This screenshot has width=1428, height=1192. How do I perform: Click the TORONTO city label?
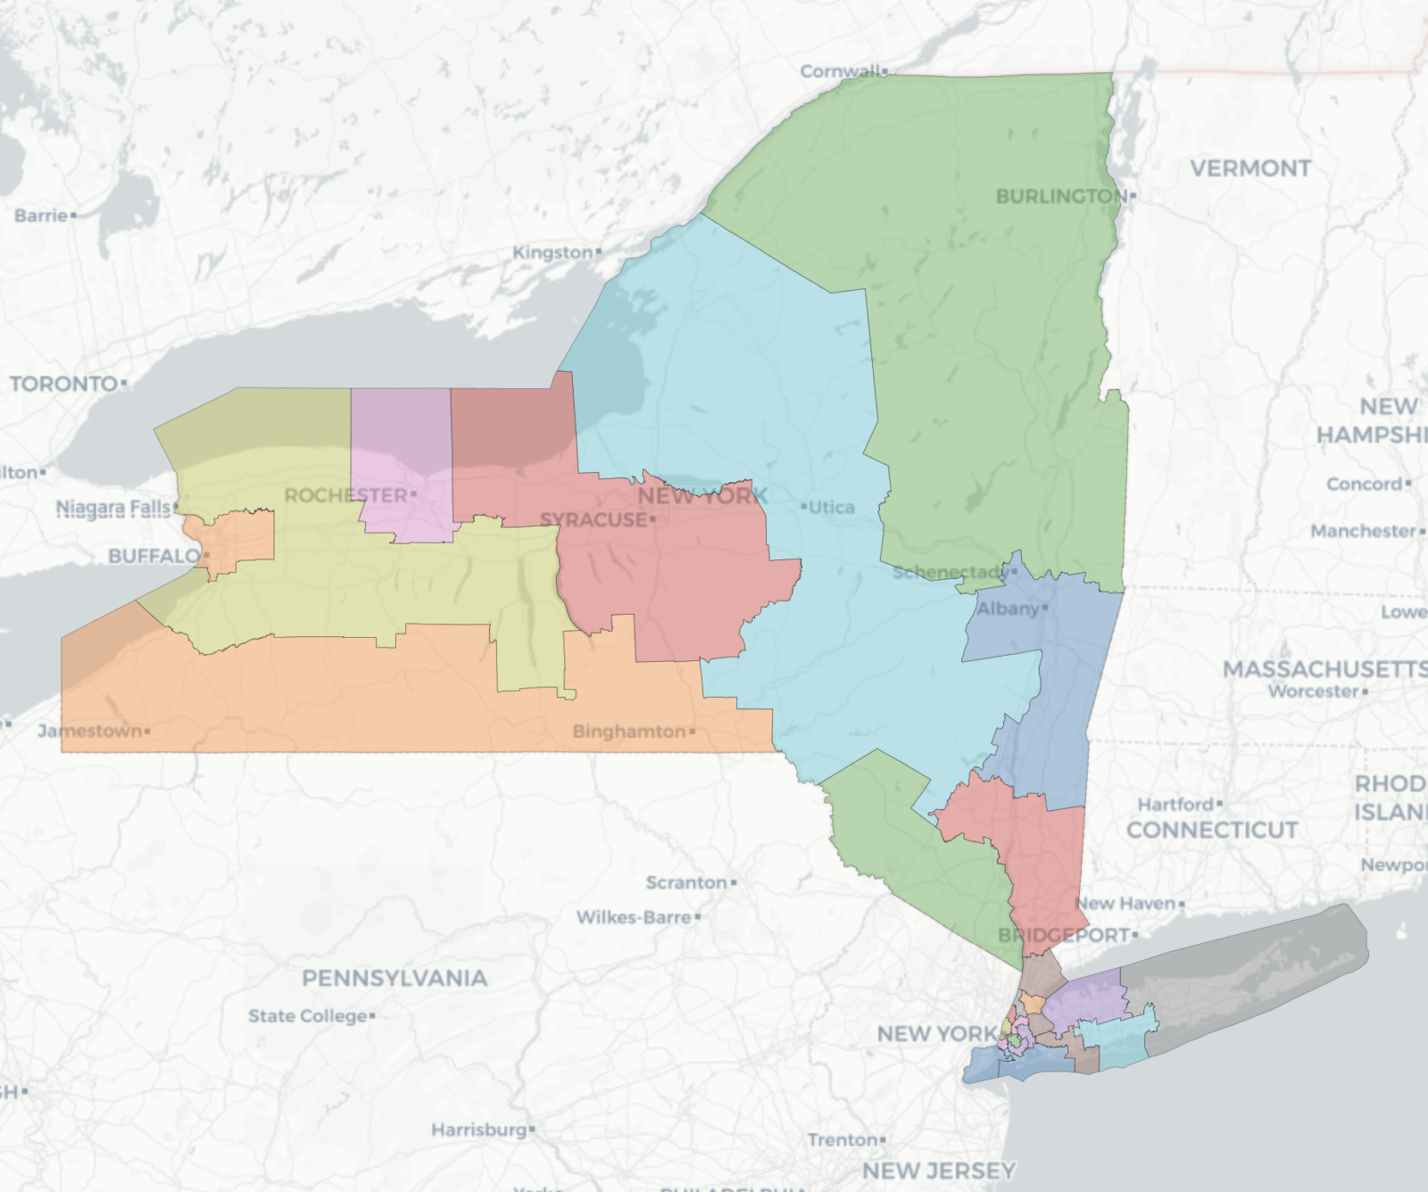[63, 384]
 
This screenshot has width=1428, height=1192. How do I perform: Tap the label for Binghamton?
[628, 732]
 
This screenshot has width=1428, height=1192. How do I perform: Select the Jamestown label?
[89, 732]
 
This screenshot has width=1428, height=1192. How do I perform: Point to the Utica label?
[831, 508]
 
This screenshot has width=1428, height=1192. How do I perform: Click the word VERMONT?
[1249, 169]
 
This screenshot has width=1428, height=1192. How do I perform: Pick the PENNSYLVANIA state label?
[394, 979]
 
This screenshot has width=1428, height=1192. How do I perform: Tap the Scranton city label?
[686, 882]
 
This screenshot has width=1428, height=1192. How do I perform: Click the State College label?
[308, 1016]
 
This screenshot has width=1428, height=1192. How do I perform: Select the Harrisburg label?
[479, 1130]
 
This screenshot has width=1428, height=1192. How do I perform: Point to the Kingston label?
[552, 252]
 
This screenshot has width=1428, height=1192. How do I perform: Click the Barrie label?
[41, 216]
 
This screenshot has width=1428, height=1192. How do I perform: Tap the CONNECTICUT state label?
[1211, 831]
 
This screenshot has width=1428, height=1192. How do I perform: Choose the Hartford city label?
[1175, 805]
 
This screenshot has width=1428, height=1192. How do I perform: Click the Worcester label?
[1314, 691]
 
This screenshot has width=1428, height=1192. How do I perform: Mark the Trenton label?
[843, 1140]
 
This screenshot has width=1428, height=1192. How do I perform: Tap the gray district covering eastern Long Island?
[1249, 981]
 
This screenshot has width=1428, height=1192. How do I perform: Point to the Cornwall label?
[839, 71]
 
